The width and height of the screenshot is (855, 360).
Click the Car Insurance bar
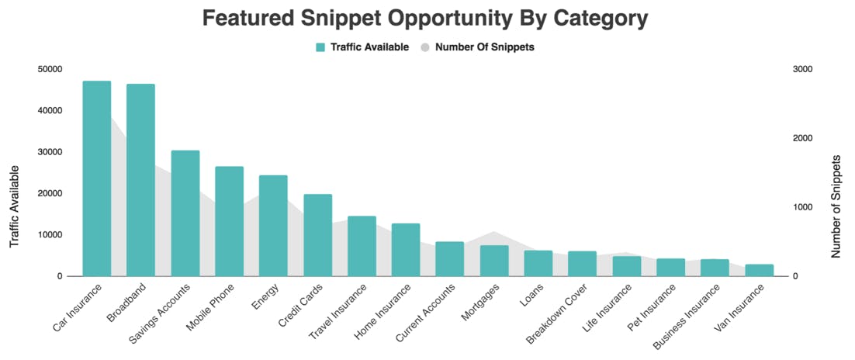[x=97, y=178]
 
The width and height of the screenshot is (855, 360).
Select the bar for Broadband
[x=140, y=180]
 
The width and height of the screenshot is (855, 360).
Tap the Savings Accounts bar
[x=185, y=213]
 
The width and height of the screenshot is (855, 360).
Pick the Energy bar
[x=273, y=226]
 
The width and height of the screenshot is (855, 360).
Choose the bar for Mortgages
[x=494, y=261]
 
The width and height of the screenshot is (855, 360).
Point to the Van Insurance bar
[x=760, y=270]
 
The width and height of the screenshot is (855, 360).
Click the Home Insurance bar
[x=406, y=250]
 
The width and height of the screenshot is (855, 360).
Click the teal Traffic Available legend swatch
[x=320, y=47]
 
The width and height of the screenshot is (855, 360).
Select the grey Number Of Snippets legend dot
[x=425, y=47]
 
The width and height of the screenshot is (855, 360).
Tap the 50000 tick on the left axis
[x=49, y=69]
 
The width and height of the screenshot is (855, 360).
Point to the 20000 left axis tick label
[x=49, y=193]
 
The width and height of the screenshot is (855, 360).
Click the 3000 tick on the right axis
[x=801, y=69]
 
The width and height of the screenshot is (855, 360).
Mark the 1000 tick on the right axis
[x=801, y=207]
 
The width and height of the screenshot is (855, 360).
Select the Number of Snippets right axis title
[x=836, y=206]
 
